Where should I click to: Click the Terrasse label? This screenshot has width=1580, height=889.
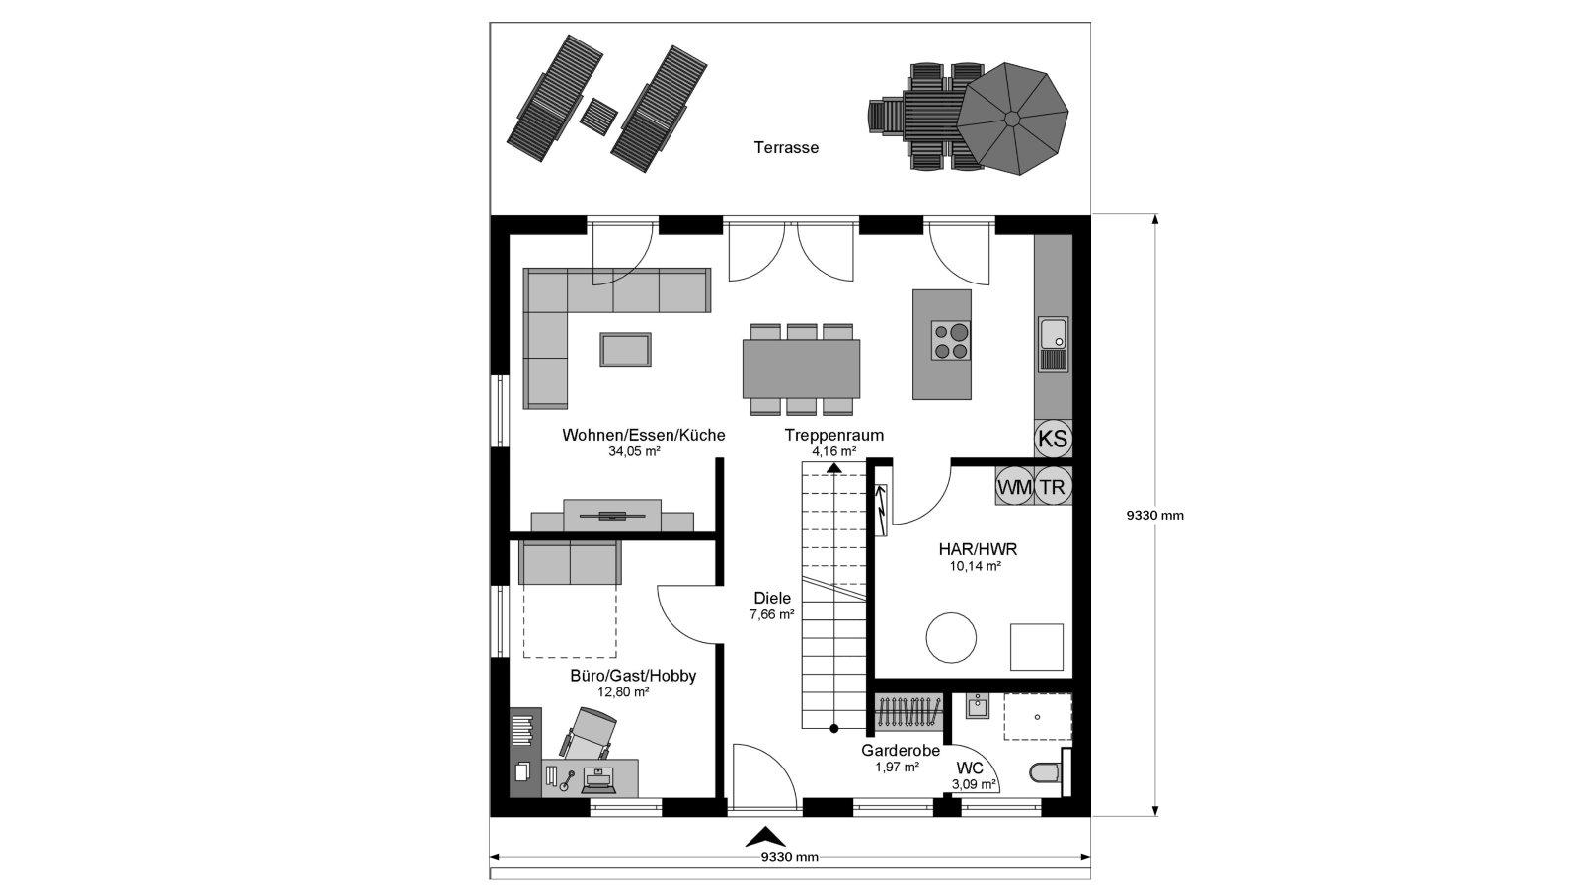[786, 147]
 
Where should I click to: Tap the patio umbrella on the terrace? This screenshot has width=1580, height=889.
[1012, 119]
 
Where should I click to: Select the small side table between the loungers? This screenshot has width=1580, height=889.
[598, 113]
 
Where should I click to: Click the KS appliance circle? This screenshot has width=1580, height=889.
[1053, 439]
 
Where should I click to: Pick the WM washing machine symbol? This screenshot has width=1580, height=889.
[1014, 487]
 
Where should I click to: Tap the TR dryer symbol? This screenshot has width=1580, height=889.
[1053, 487]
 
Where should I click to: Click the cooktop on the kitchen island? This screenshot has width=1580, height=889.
[950, 341]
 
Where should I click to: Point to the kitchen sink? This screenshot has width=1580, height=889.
[1053, 345]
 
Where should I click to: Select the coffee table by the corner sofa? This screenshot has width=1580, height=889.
[626, 350]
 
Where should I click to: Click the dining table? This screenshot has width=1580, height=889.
[801, 368]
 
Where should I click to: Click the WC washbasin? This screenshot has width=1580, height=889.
[978, 706]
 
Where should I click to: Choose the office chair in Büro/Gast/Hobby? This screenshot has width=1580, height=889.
[589, 734]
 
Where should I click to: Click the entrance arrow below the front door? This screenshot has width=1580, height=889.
[765, 838]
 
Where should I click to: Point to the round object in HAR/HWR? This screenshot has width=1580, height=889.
[951, 638]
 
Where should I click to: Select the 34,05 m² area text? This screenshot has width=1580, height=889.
[634, 451]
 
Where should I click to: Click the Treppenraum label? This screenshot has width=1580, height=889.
[834, 435]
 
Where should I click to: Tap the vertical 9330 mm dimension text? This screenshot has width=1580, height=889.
[1154, 515]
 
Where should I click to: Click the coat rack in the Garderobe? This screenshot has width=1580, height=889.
[908, 712]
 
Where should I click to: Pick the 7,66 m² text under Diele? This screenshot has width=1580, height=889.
[772, 614]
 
